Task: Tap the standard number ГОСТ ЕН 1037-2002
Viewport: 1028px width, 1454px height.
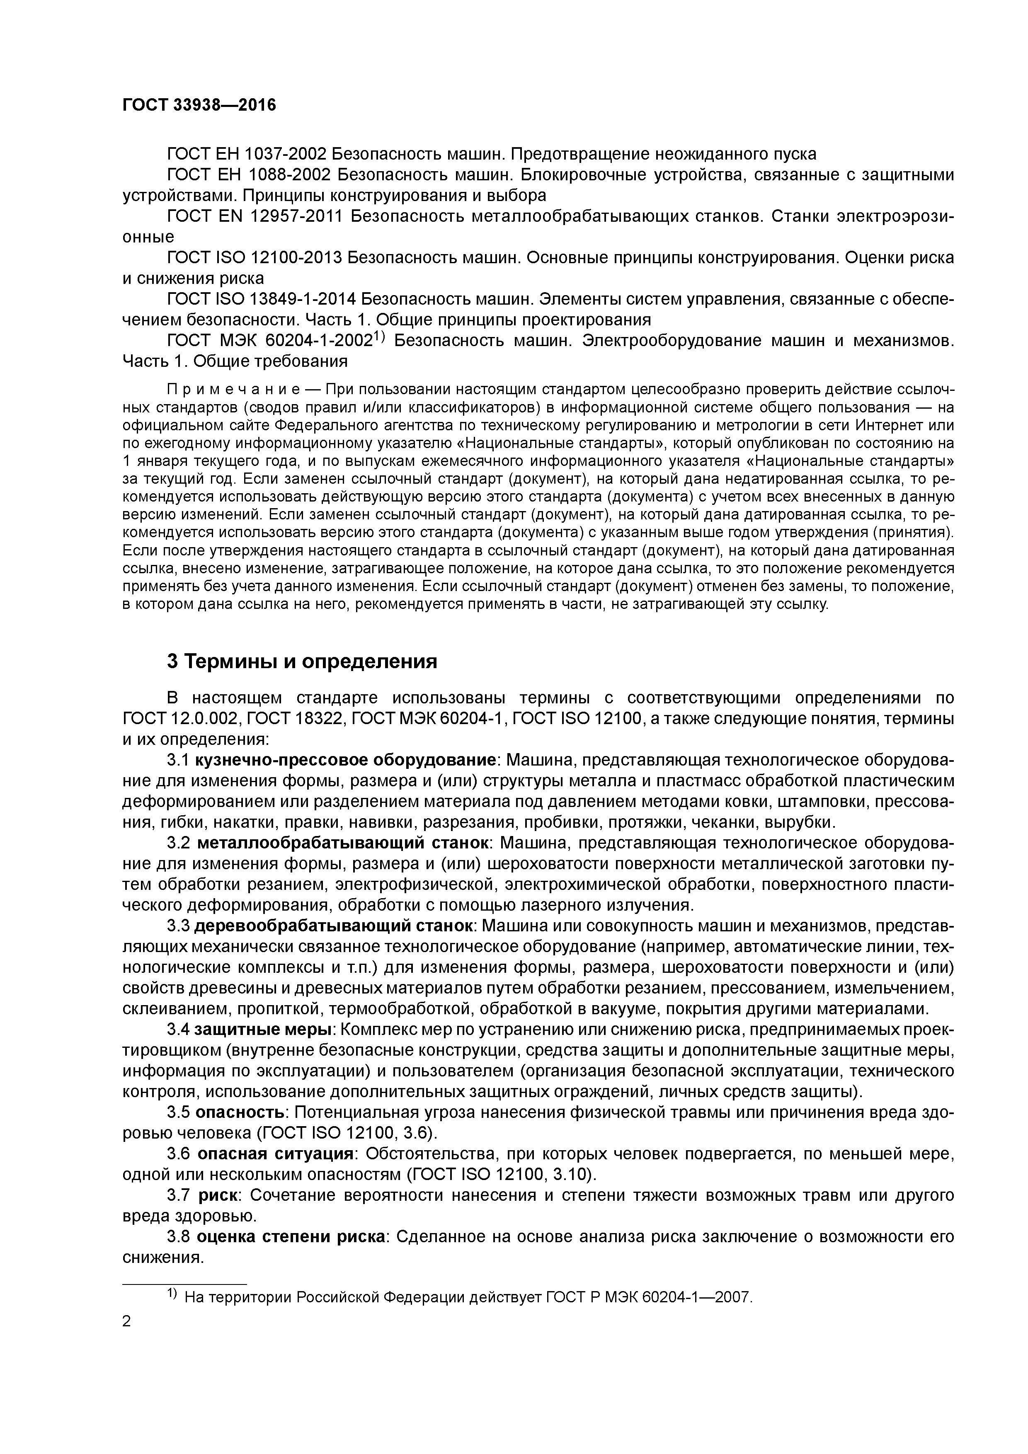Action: pyautogui.click(x=246, y=154)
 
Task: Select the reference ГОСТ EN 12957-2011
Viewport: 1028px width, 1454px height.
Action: pyautogui.click(x=254, y=217)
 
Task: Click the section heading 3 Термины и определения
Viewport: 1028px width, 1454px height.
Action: pyautogui.click(x=302, y=662)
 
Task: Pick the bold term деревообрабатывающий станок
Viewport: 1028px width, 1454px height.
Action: pyautogui.click(x=334, y=926)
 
